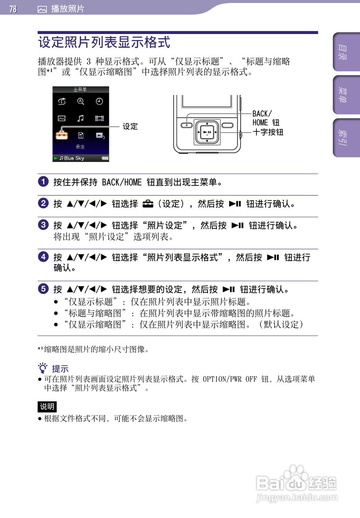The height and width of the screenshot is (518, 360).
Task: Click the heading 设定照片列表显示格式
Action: click(104, 42)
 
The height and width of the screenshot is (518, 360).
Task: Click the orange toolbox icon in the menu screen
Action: click(61, 135)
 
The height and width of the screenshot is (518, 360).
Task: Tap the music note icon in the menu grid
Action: click(80, 118)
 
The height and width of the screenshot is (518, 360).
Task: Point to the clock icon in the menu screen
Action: click(100, 102)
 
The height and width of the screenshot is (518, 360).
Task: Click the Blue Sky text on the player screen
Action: click(74, 158)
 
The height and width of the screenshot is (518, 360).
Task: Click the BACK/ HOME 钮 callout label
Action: click(266, 118)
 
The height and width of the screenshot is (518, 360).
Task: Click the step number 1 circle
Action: click(43, 182)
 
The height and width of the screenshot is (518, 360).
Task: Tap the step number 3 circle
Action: click(43, 225)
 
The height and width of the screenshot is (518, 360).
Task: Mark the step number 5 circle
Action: click(43, 289)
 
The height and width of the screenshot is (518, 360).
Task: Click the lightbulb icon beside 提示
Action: click(42, 368)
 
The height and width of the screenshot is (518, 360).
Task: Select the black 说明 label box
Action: click(47, 406)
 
